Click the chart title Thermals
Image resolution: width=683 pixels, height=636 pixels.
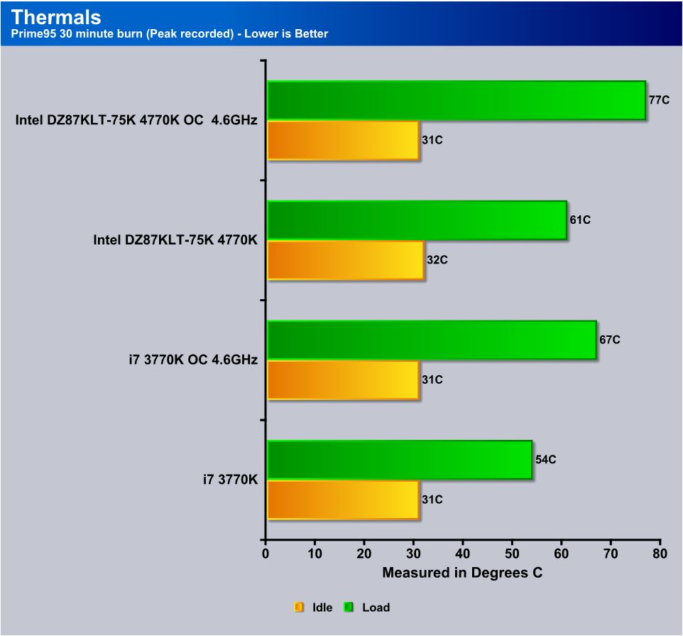click(57, 16)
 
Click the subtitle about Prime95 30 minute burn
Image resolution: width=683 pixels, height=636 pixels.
click(170, 33)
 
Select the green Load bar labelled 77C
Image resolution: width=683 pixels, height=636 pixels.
click(456, 100)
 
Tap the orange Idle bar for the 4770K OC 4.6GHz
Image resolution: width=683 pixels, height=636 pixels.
click(343, 140)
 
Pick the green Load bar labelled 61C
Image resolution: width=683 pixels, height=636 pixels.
click(417, 220)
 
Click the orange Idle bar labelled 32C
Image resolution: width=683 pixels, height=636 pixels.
click(346, 260)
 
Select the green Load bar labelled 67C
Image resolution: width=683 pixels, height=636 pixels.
click(432, 340)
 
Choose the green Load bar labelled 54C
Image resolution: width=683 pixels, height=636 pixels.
click(400, 460)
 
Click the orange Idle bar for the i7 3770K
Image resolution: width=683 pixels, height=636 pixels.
click(343, 500)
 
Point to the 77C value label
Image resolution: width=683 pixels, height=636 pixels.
click(659, 100)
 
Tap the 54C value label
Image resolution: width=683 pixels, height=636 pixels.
click(545, 460)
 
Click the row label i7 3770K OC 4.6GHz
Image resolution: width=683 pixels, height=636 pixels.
click(188, 360)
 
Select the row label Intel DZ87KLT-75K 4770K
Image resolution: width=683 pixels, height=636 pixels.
click(175, 240)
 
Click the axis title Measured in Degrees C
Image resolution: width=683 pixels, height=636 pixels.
click(462, 573)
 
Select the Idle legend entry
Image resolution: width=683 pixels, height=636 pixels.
click(314, 608)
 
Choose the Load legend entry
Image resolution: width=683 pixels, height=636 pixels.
click(368, 608)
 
